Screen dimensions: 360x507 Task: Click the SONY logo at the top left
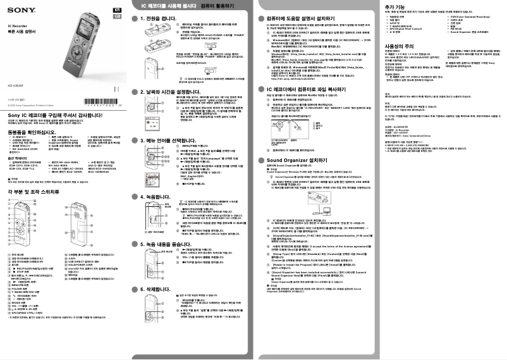pos(21,11)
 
